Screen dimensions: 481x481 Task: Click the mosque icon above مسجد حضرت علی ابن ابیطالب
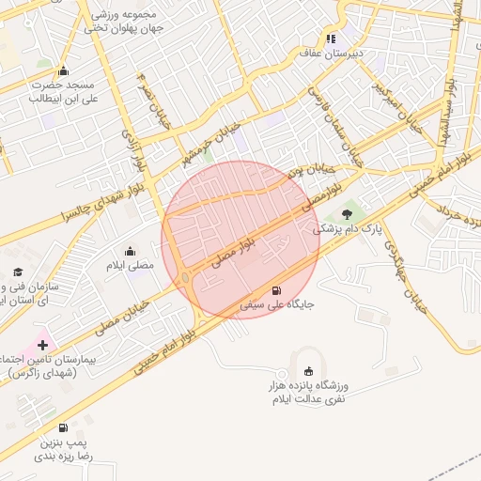click(x=63, y=70)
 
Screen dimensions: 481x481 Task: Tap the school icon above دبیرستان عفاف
click(x=331, y=39)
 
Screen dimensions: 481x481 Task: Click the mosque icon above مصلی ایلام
click(x=130, y=252)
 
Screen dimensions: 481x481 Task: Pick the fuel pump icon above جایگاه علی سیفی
click(x=276, y=290)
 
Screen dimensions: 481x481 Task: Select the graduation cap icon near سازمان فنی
click(x=18, y=272)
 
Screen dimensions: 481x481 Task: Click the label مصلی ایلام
click(x=129, y=266)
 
